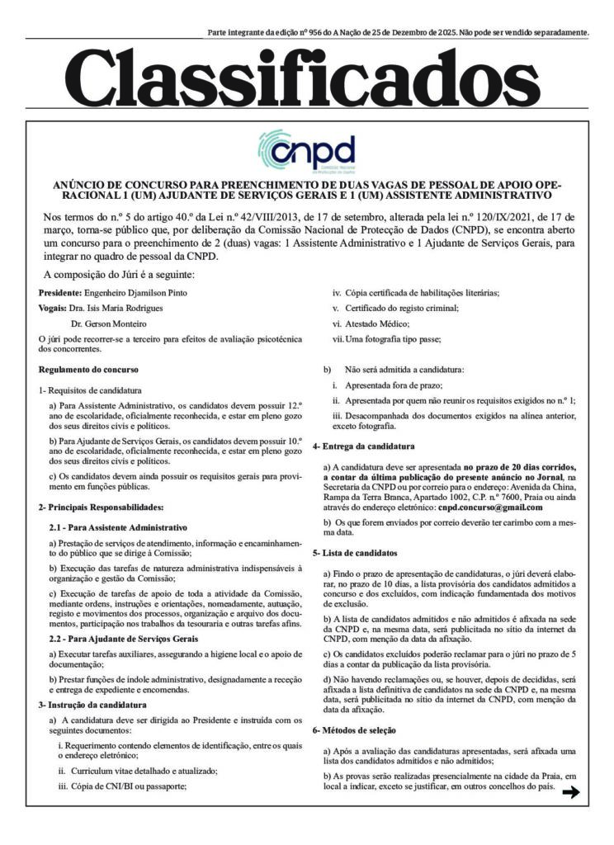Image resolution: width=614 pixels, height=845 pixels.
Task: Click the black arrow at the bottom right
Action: pos(570,793)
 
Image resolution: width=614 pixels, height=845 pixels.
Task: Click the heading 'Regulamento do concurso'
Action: pos(88,369)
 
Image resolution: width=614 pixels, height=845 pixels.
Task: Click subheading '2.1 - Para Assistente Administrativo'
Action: pos(119,526)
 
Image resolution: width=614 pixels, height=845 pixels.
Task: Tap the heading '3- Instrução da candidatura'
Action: pos(92,704)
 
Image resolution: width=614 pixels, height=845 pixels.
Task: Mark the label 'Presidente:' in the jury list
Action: pos(60,293)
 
